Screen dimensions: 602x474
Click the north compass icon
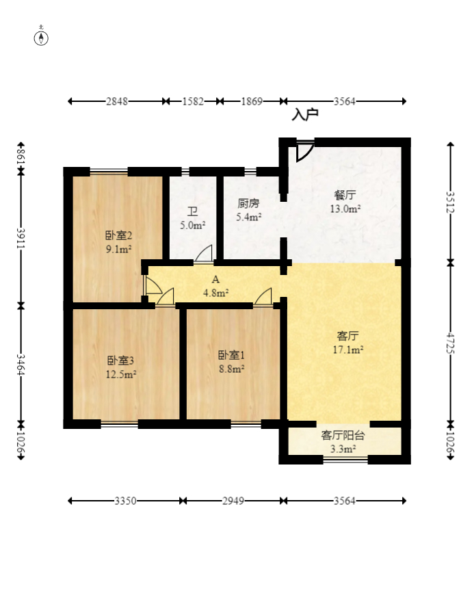click(42, 37)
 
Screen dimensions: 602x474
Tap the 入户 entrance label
click(305, 115)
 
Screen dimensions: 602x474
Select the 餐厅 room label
click(345, 195)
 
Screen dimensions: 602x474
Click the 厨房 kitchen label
click(248, 203)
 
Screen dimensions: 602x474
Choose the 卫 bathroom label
click(193, 211)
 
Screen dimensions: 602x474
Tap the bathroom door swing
click(203, 254)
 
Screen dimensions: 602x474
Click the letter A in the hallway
click(215, 279)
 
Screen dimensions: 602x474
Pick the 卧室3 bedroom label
click(120, 360)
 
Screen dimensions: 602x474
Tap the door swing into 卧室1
click(263, 297)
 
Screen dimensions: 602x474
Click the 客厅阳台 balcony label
click(343, 435)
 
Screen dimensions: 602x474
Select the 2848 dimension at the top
click(117, 101)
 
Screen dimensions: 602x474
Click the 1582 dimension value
click(193, 101)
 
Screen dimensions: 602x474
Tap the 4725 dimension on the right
click(450, 342)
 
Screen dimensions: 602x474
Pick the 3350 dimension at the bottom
click(126, 501)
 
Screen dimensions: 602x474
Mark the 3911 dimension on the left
click(21, 239)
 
